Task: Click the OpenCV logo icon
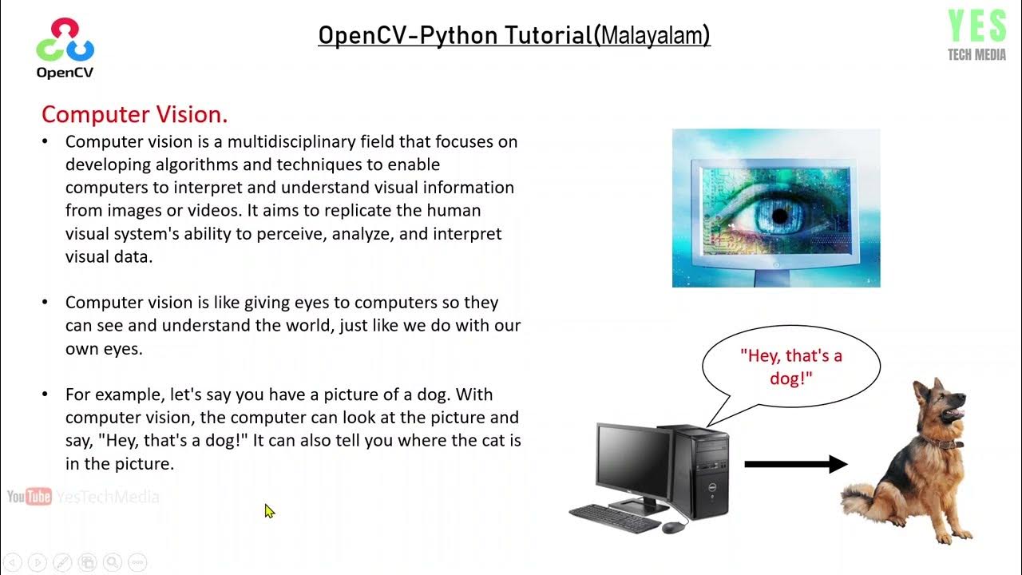[x=65, y=41]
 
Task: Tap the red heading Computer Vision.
[x=134, y=114]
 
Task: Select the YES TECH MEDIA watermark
[x=976, y=35]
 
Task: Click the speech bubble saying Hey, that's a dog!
[x=790, y=367]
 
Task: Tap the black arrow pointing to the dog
[x=795, y=463]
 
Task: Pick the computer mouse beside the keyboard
[x=674, y=526]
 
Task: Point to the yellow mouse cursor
[x=269, y=510]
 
